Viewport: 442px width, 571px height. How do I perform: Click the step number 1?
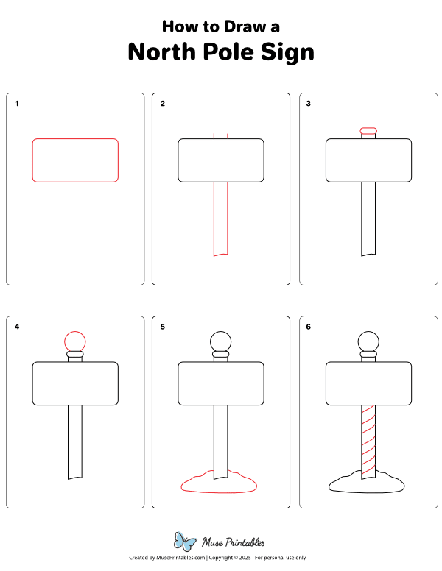17,104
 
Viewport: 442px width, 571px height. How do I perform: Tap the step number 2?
163,104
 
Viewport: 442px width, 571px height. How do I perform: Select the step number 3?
309,104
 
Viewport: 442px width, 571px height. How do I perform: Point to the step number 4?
17,327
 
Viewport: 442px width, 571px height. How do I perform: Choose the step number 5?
163,327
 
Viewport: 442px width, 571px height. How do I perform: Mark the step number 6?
309,327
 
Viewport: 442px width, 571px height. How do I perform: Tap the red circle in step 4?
75,341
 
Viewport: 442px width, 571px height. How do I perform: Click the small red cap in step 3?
368,131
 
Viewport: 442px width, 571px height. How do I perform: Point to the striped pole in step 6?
368,441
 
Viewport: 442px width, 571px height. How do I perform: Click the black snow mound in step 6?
367,483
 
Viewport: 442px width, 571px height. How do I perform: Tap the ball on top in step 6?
368,341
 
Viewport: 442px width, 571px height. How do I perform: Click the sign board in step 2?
221,160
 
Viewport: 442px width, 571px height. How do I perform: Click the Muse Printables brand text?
234,542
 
